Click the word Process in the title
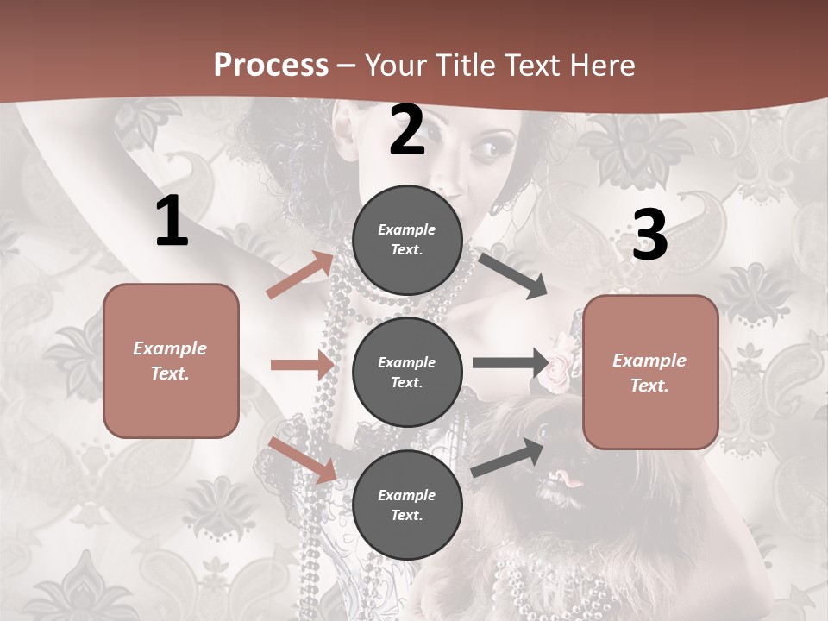point(271,65)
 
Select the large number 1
point(172,221)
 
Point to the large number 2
point(407,130)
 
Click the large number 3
point(649,235)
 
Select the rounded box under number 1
point(171,361)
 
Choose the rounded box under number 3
point(650,372)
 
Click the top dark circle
point(407,240)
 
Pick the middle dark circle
point(407,372)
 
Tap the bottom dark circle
point(407,505)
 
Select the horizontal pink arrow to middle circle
point(303,365)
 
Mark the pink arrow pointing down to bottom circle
point(303,459)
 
